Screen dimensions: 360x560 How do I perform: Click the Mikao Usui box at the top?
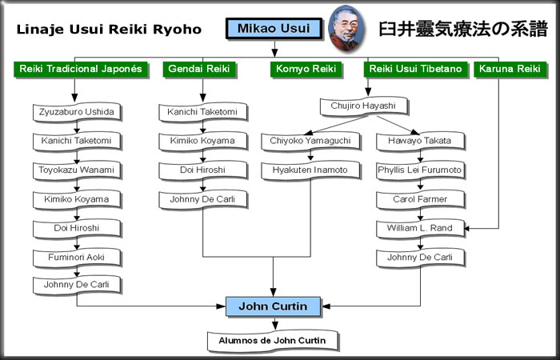(274, 29)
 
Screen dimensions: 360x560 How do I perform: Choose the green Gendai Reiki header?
(198, 70)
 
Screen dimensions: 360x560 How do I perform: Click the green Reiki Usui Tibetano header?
(415, 70)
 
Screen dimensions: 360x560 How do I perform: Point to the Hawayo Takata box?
(421, 141)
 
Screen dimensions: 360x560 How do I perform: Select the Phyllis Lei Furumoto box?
(421, 170)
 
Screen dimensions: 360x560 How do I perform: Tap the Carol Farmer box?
(421, 199)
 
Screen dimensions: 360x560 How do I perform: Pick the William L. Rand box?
(421, 228)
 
